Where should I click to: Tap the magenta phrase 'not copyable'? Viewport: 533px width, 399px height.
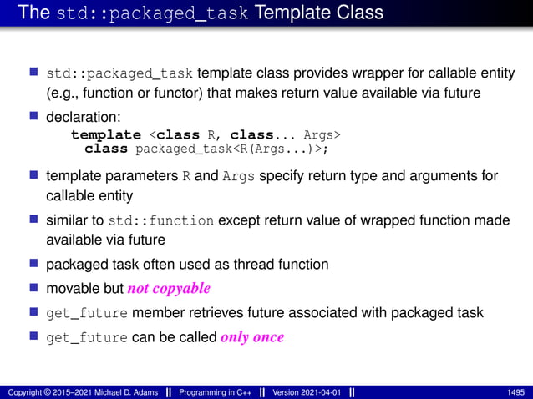168,288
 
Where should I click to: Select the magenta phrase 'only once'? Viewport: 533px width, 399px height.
252,337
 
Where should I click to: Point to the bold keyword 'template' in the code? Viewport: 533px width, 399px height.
105,134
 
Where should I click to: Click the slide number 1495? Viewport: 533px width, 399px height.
516,391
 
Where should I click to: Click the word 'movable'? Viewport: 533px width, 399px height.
70,288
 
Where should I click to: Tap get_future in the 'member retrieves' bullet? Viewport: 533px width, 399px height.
87,313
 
